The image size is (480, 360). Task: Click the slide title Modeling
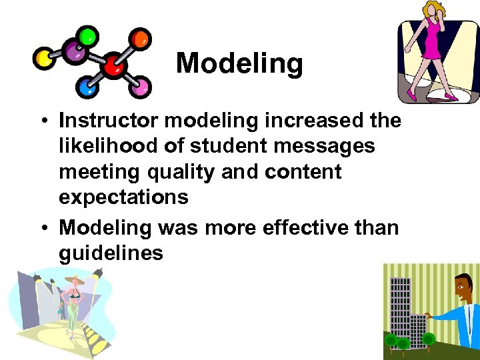(239, 64)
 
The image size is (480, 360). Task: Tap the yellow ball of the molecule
(45, 59)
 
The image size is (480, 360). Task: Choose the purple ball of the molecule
(73, 50)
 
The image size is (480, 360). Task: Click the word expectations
(123, 197)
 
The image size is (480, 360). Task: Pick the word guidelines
(111, 253)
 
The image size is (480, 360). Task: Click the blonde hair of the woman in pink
(431, 10)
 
